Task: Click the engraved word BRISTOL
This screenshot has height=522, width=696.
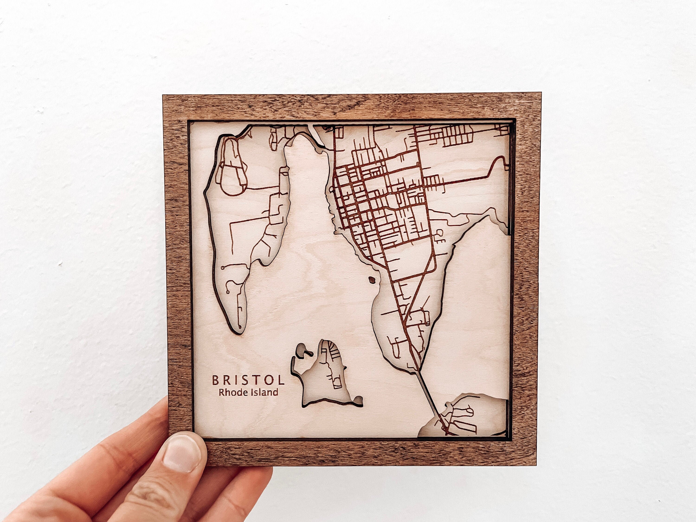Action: point(248,380)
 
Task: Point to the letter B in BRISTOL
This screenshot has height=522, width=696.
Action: point(216,380)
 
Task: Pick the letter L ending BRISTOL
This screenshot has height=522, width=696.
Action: point(281,380)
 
